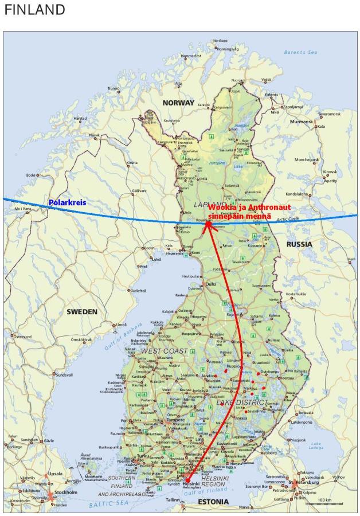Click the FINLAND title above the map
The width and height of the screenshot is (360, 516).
34,10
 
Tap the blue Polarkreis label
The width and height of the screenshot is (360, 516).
67,203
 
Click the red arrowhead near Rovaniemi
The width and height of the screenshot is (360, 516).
208,226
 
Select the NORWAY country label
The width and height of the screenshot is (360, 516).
178,103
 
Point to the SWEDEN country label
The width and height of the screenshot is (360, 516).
82,312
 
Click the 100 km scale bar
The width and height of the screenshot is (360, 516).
324,502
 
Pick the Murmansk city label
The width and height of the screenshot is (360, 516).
305,122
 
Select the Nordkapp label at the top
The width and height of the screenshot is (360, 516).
220,41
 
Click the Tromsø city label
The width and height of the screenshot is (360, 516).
114,88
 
